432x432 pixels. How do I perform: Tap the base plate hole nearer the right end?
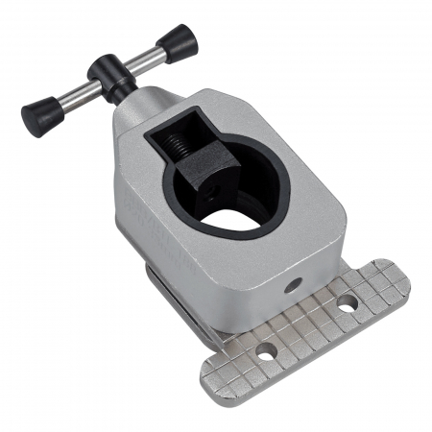[x=348, y=303]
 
